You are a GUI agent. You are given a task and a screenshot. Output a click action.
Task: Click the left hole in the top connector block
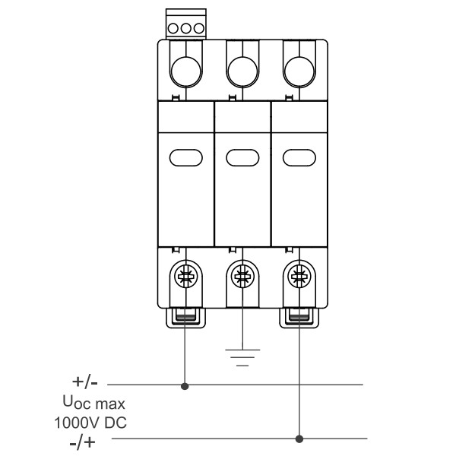tap(173, 29)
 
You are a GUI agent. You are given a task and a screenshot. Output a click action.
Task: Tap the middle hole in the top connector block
tap(186, 29)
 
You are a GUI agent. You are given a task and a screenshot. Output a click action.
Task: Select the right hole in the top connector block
tap(199, 29)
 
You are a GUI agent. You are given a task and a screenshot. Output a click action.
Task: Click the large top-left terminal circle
tap(186, 72)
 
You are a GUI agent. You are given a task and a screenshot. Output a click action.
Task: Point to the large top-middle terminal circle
tap(242, 72)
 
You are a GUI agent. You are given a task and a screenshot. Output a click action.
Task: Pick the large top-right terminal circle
tap(299, 72)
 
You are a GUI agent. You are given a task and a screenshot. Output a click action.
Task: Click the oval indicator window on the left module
tap(186, 157)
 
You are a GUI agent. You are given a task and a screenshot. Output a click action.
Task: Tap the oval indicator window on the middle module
tap(242, 157)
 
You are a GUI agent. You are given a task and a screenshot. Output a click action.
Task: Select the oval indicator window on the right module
tap(299, 157)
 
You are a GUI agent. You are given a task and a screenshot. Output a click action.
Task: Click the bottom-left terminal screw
tap(186, 276)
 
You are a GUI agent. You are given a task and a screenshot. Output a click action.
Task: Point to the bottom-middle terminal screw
tap(242, 276)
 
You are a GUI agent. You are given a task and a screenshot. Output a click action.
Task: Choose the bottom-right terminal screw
tap(299, 276)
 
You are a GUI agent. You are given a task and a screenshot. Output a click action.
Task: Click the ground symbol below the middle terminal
tap(242, 357)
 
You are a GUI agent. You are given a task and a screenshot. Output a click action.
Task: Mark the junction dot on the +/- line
tap(185, 386)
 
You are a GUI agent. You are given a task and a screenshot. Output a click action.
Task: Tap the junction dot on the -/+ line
tap(299, 439)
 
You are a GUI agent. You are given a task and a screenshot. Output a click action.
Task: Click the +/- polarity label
tap(85, 382)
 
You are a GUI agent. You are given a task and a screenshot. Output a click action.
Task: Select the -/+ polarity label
tap(83, 442)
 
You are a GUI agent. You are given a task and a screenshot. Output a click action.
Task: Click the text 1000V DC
tap(90, 423)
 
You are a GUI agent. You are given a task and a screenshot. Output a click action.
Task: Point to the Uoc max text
tap(94, 403)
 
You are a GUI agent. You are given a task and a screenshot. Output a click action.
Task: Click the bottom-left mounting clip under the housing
tap(186, 318)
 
